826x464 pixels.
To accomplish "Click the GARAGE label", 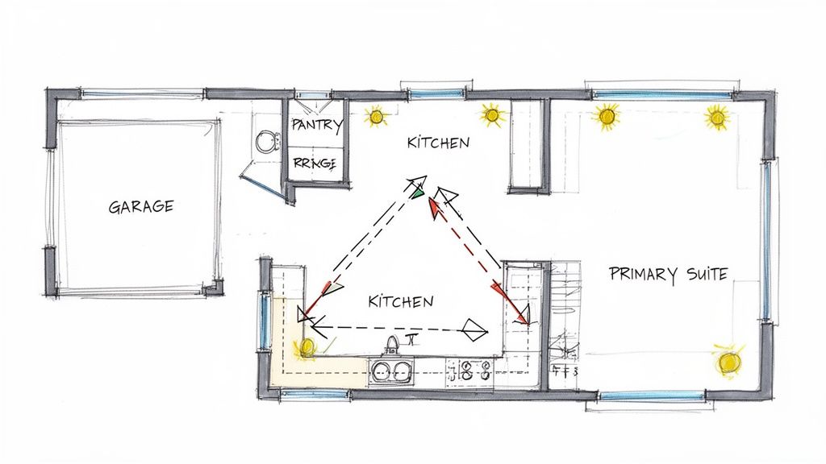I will (140, 206).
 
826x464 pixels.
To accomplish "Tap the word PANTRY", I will (317, 125).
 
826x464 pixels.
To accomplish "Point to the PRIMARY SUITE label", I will (669, 274).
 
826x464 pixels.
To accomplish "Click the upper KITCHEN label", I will (438, 143).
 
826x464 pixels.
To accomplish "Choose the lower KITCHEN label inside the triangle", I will (400, 301).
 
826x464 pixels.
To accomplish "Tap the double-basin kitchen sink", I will (391, 371).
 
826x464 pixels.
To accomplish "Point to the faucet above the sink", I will (392, 345).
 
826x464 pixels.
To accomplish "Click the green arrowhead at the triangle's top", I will (417, 193).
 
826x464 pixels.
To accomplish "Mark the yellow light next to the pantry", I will (375, 117).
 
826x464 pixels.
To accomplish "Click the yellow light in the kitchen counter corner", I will (306, 349).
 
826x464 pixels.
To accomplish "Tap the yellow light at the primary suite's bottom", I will (728, 362).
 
